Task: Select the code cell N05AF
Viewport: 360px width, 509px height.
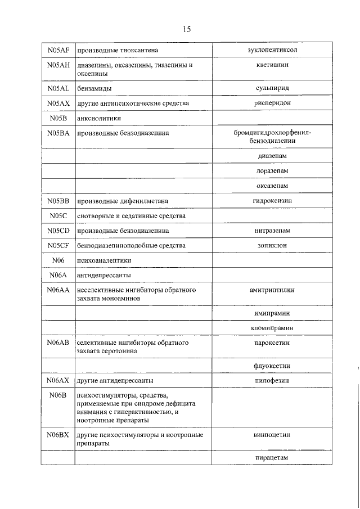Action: coord(58,51)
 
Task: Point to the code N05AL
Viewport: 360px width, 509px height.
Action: coord(58,89)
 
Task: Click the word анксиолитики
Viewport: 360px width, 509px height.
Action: coord(100,119)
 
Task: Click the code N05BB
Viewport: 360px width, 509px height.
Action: coord(58,201)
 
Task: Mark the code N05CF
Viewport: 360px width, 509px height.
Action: coord(58,246)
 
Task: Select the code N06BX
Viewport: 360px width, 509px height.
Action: coord(58,435)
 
